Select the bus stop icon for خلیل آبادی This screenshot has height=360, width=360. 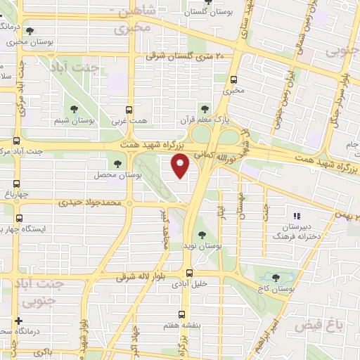click(x=188, y=273)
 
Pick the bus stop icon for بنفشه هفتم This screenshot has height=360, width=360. click(x=182, y=315)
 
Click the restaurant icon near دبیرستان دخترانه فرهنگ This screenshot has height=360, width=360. click(x=296, y=214)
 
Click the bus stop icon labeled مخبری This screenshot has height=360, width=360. click(x=233, y=79)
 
